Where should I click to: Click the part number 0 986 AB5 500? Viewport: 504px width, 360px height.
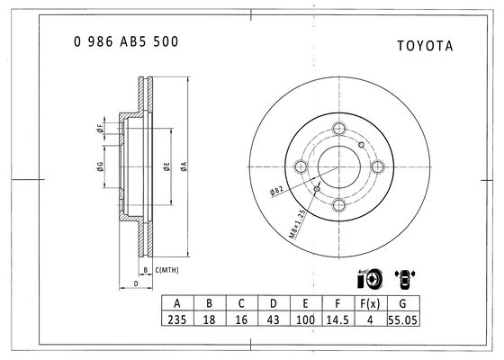126,41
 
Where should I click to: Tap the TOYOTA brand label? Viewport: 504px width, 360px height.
425,46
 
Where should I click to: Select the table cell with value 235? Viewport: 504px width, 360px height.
177,319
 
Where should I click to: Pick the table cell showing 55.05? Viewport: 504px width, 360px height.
403,319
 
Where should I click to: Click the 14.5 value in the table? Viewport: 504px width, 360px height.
337,319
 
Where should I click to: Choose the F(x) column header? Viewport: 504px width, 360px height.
370,303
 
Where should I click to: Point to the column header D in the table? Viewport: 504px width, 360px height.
274,303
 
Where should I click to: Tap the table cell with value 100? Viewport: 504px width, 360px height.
305,319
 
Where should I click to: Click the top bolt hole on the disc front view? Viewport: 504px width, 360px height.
338,129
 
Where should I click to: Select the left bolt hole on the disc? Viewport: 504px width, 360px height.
301,166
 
